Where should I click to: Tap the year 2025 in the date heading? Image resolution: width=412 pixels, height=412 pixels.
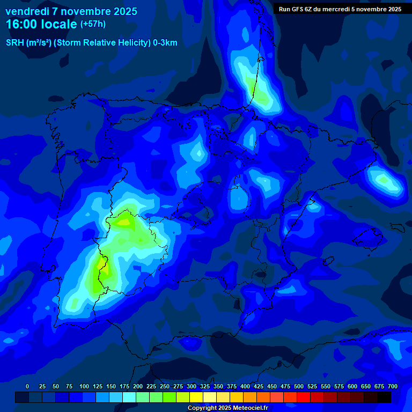click(123, 11)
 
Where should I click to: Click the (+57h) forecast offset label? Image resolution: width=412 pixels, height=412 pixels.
click(92, 24)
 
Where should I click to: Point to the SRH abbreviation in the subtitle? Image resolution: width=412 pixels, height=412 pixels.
click(14, 43)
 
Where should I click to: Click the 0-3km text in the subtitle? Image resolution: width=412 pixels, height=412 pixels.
click(165, 43)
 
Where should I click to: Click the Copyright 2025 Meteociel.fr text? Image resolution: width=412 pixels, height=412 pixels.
click(227, 408)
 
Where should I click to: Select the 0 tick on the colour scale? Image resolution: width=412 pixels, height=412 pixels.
click(27, 386)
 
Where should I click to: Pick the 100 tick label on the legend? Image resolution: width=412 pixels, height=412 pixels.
click(84, 386)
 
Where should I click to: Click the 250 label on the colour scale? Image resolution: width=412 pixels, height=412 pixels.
click(165, 386)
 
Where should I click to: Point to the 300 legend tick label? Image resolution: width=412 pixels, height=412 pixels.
click(192, 386)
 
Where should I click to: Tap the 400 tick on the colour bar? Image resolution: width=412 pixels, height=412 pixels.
click(245, 386)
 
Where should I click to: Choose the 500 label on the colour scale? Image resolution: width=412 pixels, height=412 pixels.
click(299, 386)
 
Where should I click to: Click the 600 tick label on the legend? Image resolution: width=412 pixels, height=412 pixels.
click(352, 386)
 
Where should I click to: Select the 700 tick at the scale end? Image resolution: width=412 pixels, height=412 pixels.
click(392, 386)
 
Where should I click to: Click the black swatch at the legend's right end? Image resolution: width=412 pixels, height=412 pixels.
click(384, 397)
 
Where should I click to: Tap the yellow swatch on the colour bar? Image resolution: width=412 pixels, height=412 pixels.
click(196, 397)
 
